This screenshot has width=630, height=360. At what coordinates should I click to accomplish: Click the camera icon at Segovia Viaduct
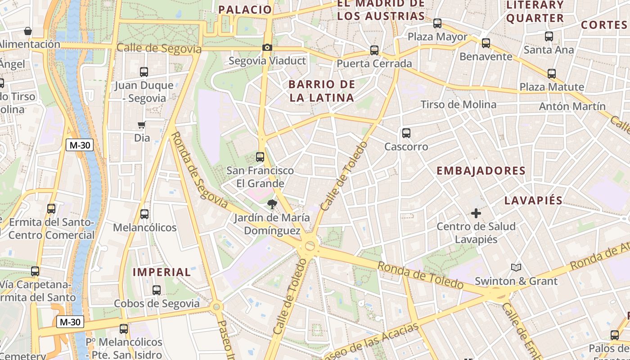267,47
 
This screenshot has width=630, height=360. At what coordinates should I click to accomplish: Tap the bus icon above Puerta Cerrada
374,50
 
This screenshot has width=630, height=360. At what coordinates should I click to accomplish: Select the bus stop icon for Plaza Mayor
437,23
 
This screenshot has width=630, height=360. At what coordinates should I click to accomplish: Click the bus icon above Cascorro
406,133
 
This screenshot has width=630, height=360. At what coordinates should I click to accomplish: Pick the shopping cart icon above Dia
142,125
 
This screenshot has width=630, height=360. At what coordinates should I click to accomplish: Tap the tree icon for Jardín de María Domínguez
272,204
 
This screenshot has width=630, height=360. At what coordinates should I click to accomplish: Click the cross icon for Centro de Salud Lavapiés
476,213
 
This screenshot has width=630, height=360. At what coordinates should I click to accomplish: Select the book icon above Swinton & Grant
516,268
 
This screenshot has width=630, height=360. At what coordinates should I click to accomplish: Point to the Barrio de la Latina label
322,91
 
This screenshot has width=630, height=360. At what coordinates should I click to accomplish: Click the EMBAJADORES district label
481,171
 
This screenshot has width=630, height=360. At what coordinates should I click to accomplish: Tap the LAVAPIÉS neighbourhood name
534,200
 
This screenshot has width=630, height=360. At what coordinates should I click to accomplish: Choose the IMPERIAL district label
162,272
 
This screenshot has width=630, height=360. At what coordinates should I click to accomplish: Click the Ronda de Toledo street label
420,275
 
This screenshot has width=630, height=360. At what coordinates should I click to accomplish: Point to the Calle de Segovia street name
158,48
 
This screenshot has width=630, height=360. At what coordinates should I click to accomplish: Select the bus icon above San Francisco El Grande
260,157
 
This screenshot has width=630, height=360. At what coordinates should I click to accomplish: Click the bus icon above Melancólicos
144,214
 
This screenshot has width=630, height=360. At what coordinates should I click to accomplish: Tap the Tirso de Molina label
459,105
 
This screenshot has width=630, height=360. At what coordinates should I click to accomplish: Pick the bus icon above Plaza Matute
552,74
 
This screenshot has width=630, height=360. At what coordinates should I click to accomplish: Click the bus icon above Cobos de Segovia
157,290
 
